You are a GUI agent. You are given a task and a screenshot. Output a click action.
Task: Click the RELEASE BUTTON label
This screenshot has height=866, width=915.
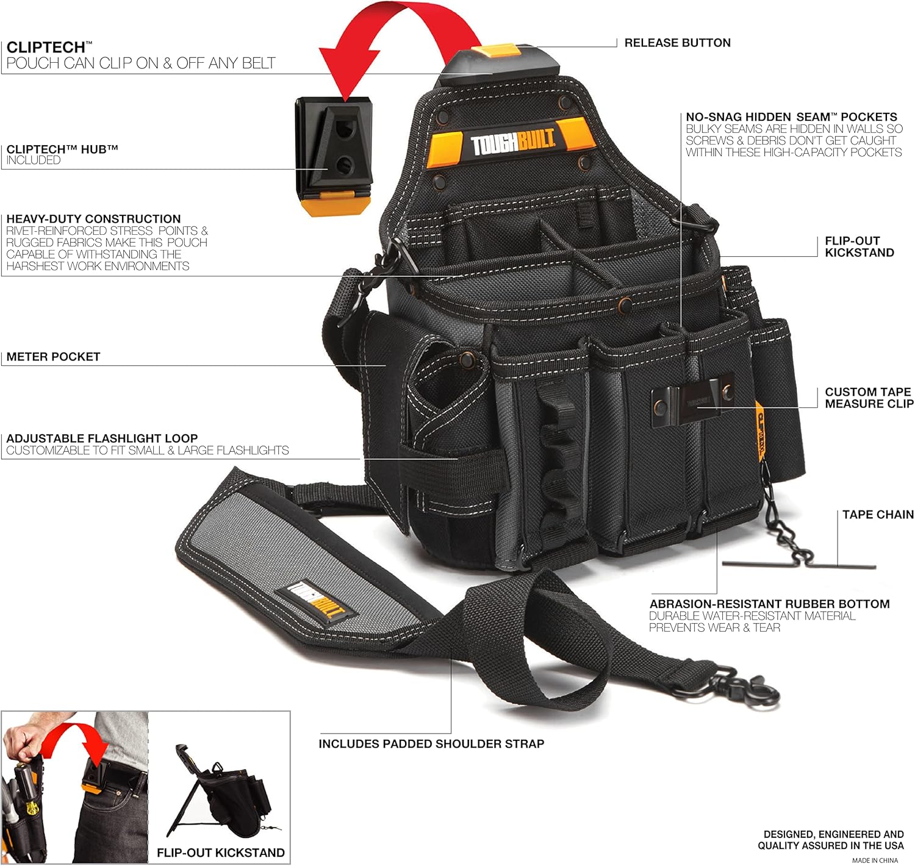click(677, 43)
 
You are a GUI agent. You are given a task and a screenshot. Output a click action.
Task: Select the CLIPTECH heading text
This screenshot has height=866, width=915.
click(46, 48)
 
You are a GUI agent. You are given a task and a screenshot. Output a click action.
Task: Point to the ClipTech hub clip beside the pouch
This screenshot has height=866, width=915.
click(334, 155)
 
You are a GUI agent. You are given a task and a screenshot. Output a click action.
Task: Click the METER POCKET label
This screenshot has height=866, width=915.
click(53, 357)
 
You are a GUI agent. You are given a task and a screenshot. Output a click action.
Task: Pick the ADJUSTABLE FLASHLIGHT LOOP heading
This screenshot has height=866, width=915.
click(102, 438)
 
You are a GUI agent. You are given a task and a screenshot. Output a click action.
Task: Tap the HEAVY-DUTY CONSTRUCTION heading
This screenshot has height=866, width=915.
click(93, 219)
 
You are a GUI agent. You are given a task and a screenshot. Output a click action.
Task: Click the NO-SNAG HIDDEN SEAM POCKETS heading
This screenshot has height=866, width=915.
click(791, 116)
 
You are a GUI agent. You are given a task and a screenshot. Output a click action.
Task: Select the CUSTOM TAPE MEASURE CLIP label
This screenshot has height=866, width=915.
click(869, 398)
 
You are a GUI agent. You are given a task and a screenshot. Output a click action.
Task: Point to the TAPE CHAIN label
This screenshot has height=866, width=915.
click(878, 515)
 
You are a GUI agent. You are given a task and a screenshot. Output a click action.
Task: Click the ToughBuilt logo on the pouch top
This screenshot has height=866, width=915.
click(512, 145)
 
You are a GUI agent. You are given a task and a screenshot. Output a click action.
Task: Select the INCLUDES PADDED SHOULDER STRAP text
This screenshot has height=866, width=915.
click(431, 744)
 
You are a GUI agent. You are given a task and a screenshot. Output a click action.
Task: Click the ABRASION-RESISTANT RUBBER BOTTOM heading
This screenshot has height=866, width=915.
click(769, 604)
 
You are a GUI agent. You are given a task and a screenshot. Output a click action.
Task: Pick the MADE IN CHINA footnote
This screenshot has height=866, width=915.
click(875, 861)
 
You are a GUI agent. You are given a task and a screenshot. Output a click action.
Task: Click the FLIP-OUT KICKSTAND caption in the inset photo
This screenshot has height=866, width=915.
click(221, 853)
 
